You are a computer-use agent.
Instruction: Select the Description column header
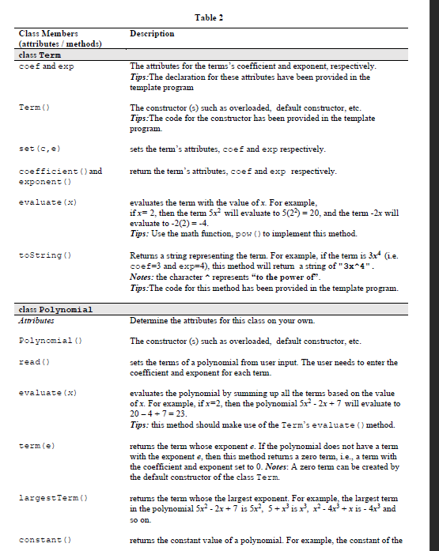152,34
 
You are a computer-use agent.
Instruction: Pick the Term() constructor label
31,107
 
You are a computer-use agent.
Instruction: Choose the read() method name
31,360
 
